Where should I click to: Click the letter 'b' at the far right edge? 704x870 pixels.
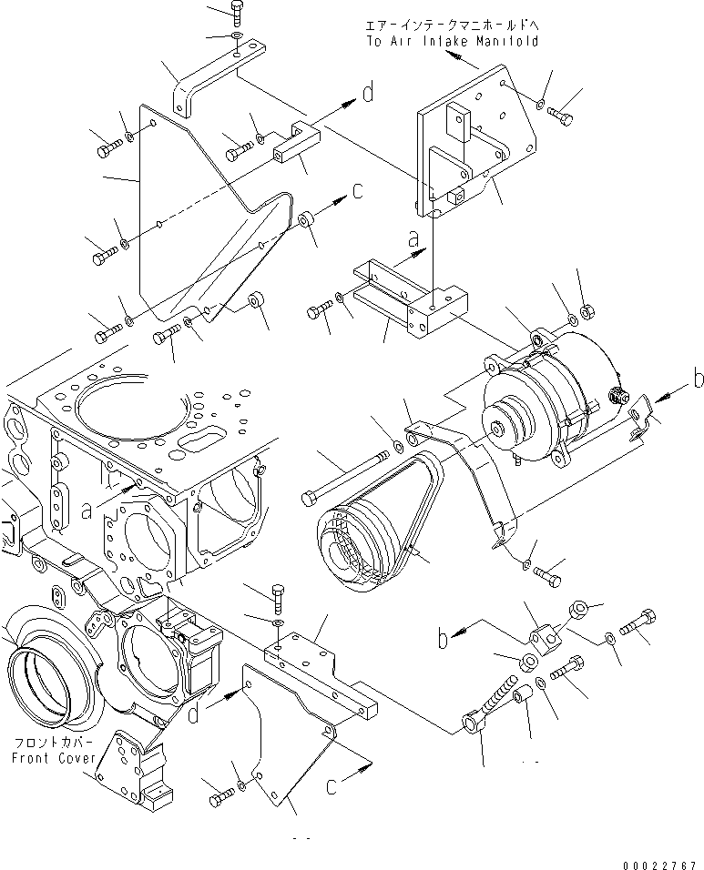click(697, 379)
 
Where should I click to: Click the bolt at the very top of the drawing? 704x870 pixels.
click(236, 12)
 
